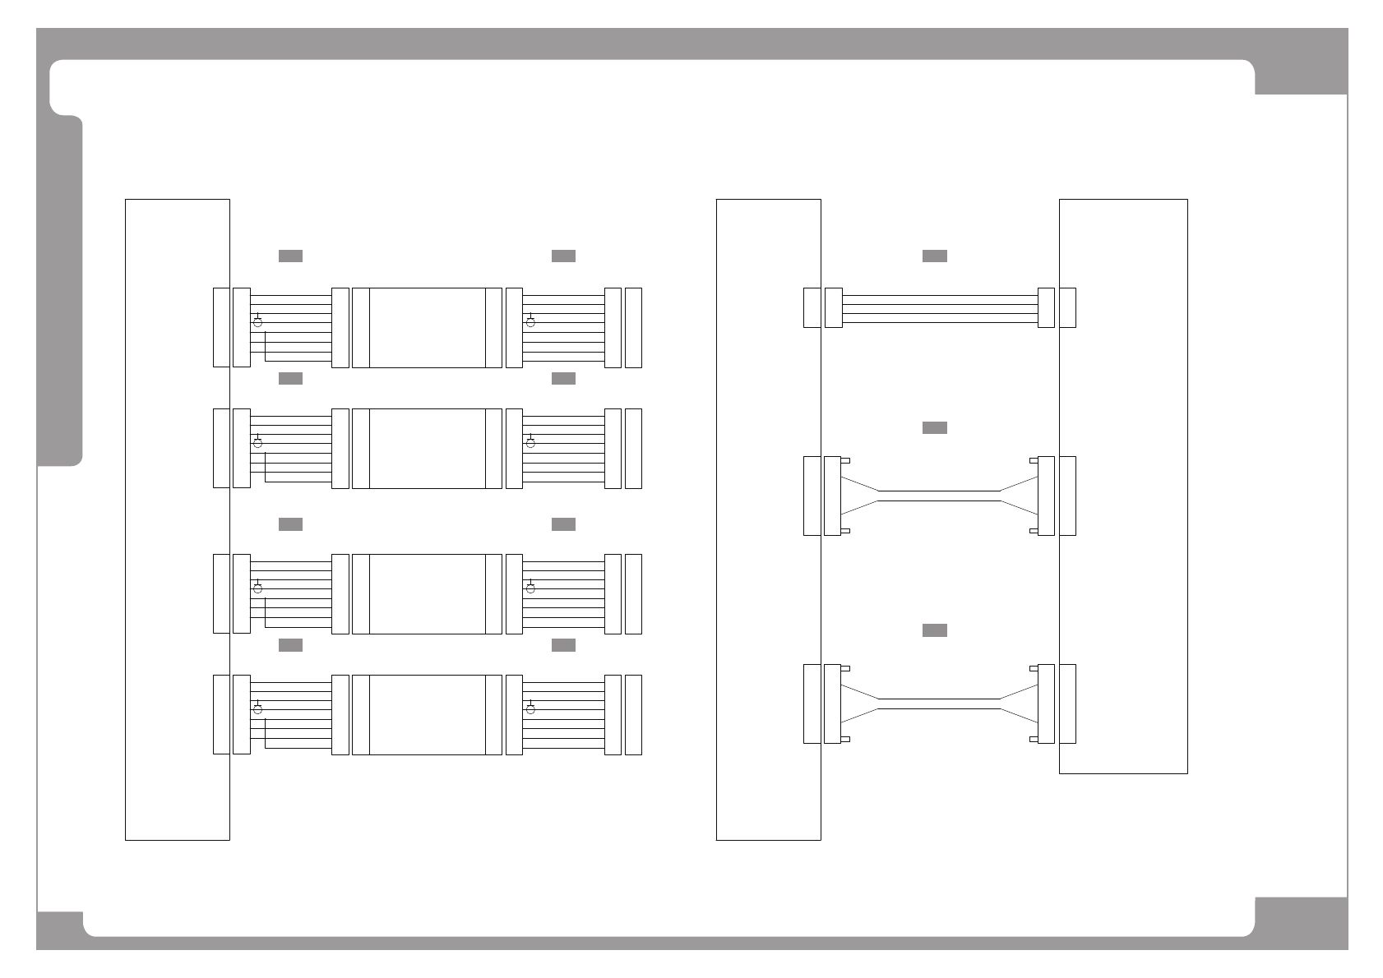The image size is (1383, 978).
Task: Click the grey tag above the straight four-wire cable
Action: [x=934, y=256]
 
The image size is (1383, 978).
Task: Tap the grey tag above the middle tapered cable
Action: [x=934, y=427]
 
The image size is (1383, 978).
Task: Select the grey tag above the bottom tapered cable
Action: [x=934, y=630]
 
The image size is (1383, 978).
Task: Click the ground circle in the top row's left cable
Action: [x=257, y=322]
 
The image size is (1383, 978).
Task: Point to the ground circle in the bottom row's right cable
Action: [x=530, y=709]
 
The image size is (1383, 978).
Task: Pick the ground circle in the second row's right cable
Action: [x=530, y=443]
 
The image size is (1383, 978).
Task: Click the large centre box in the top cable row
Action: [x=427, y=328]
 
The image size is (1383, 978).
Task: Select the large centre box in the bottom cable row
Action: [x=427, y=715]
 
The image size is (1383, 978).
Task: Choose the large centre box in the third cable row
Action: [x=427, y=593]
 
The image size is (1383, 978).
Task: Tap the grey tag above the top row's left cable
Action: [x=290, y=256]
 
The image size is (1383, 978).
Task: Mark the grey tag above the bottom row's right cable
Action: [x=563, y=645]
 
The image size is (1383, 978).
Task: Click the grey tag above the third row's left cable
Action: [x=290, y=524]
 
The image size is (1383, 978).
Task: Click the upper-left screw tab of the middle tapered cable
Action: [x=845, y=460]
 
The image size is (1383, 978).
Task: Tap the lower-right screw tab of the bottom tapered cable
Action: [x=1034, y=740]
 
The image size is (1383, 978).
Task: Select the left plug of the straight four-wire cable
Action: [x=833, y=308]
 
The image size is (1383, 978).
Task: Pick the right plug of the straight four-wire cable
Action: [x=1046, y=308]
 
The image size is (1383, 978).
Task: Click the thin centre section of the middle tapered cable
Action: [x=939, y=496]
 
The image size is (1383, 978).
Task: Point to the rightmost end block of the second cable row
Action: [x=633, y=448]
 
